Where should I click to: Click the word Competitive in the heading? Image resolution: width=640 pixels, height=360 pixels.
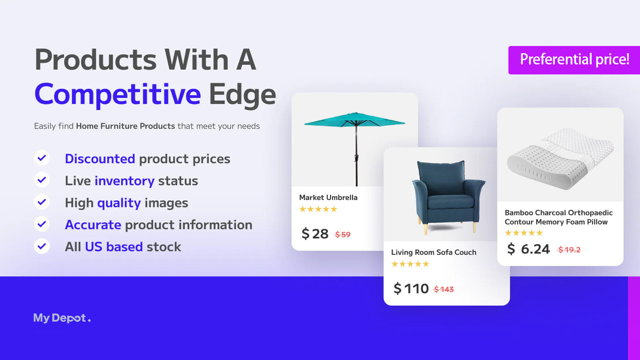click(x=117, y=94)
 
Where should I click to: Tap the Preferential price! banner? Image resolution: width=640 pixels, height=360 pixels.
click(x=574, y=59)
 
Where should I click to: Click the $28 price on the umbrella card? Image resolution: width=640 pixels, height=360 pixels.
click(x=315, y=233)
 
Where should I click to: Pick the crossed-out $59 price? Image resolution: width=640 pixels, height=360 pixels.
click(x=342, y=234)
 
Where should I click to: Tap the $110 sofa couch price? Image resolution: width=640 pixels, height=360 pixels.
click(x=411, y=288)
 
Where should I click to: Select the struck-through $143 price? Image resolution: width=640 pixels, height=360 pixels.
click(x=443, y=289)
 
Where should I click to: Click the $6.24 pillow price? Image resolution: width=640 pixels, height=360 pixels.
click(x=528, y=249)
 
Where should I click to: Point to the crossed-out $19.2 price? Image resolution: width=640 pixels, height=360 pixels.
click(x=569, y=249)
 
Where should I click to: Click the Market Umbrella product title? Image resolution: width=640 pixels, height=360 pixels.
click(x=328, y=197)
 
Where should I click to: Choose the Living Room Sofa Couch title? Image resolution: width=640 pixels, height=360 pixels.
click(x=433, y=252)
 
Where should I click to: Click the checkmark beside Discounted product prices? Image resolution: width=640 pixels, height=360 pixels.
click(x=42, y=158)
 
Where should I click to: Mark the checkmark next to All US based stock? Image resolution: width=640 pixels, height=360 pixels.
click(x=42, y=246)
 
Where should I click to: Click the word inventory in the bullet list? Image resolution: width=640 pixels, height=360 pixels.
click(x=124, y=181)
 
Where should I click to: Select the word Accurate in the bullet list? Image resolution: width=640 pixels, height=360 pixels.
click(x=93, y=225)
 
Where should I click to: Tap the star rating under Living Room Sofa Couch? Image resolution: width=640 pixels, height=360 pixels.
click(x=410, y=264)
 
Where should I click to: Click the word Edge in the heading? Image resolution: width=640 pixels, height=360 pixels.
click(x=242, y=94)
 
